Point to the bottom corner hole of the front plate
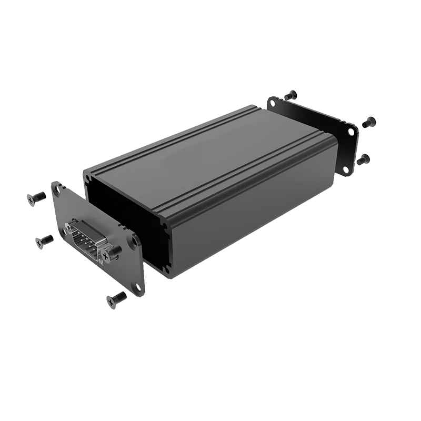138,287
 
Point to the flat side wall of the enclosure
253,210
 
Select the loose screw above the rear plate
290,95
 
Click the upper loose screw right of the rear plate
369,122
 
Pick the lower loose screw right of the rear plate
363,158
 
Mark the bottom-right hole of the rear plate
346,169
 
